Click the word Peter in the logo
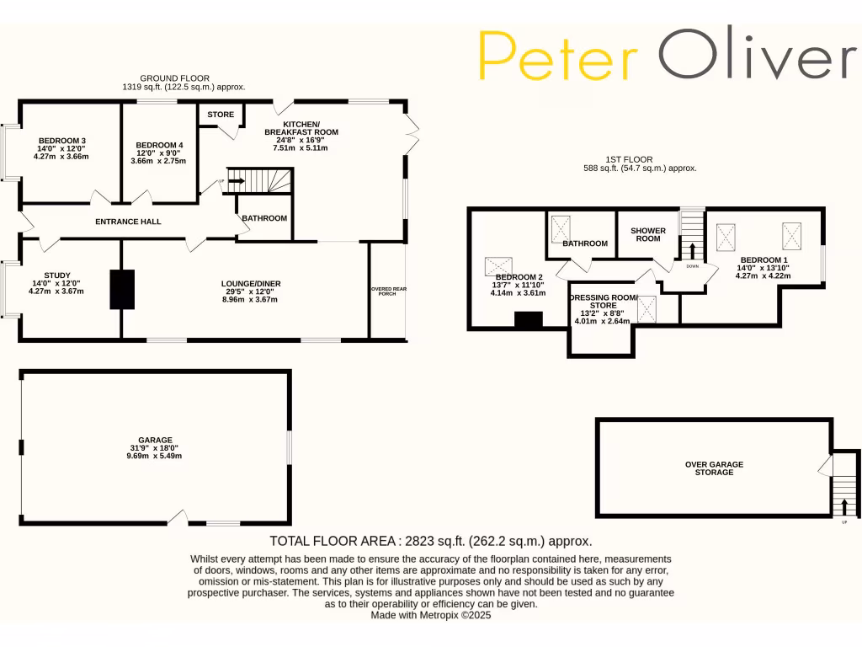pos(557,57)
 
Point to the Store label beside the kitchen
pos(221,115)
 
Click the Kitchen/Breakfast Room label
pos(301,127)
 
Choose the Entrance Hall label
pos(128,222)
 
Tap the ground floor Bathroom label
pos(264,218)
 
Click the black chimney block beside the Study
pos(122,289)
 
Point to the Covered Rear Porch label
pos(388,291)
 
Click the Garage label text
pos(156,440)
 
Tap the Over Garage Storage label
pos(714,468)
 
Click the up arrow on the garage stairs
pos(844,505)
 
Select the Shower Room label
pos(648,234)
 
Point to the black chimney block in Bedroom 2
pos(529,320)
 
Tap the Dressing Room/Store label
pos(603,302)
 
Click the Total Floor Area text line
pos(430,541)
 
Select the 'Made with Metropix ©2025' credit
pos(430,616)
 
